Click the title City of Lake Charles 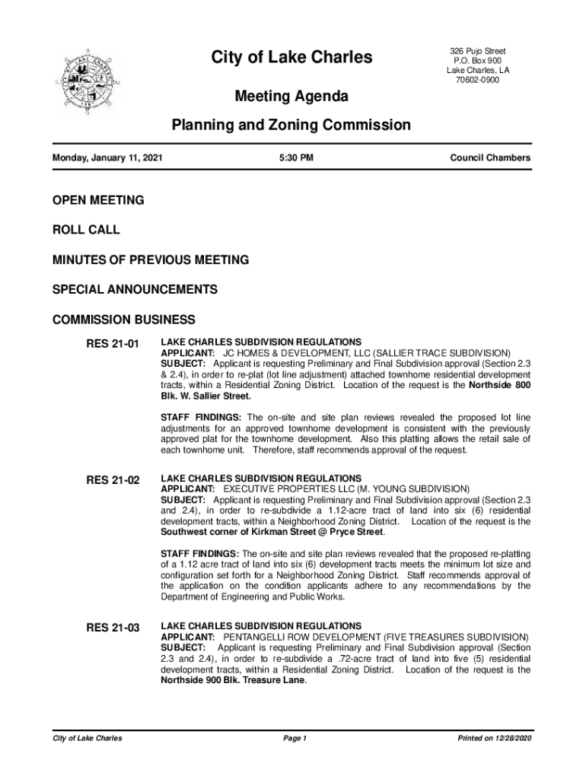pos(291,57)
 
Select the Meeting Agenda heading pos(291,97)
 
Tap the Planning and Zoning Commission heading pos(291,125)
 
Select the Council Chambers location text pos(490,158)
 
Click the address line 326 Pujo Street pos(478,51)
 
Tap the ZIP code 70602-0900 pos(478,81)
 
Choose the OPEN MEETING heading pos(98,200)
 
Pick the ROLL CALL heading pos(86,230)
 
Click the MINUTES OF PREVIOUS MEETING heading pos(151,260)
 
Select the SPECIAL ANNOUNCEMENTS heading pos(135,290)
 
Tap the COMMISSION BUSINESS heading pos(124,320)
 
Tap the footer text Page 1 pos(294,739)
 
